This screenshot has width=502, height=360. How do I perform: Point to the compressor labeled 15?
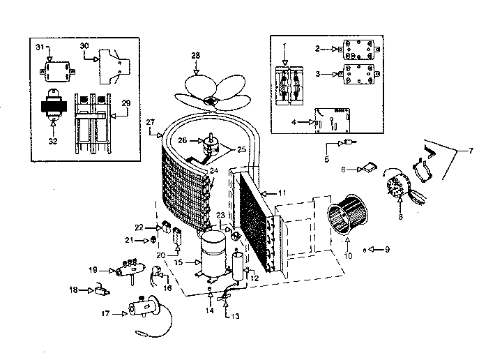tap(212, 255)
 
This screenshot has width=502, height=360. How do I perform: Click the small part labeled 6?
tap(367, 167)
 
